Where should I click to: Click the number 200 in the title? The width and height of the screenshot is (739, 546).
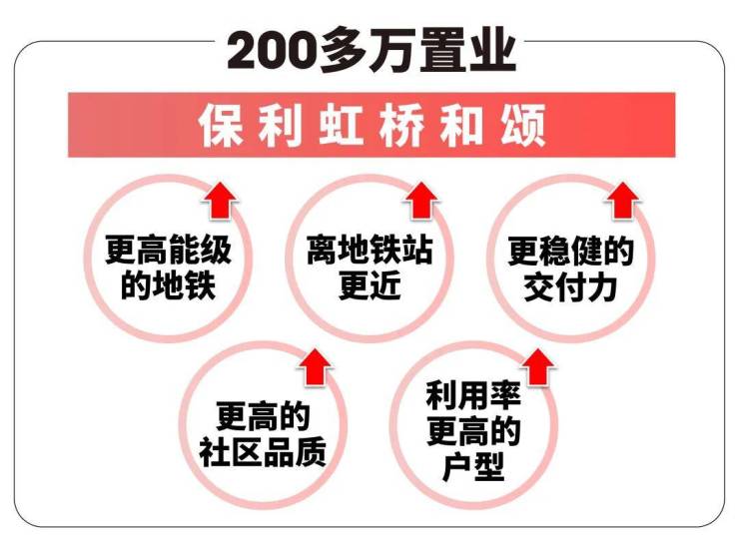[272, 50]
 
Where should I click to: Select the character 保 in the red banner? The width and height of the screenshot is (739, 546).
[220, 126]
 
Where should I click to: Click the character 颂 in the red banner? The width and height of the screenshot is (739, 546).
[522, 126]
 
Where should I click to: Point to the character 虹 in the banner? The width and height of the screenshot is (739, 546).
[342, 126]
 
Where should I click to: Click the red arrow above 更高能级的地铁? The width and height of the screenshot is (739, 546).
[221, 200]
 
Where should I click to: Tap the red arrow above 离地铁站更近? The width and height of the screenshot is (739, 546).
[421, 200]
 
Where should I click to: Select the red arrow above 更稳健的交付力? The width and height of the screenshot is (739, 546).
[622, 200]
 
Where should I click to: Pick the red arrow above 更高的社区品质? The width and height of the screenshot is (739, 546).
[315, 367]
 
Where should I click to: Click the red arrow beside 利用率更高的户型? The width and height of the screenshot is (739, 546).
[537, 367]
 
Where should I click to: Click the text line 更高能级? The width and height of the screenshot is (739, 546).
[168, 250]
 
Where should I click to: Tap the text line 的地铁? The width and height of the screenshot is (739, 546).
[168, 285]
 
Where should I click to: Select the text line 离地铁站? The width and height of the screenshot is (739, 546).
[369, 250]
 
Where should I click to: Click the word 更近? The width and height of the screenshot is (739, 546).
[369, 285]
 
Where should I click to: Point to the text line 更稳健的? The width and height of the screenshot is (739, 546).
[571, 252]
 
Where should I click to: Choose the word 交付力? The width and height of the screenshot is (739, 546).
[570, 287]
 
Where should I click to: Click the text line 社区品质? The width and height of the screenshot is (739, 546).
[263, 452]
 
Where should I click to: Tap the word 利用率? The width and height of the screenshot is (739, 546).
[473, 395]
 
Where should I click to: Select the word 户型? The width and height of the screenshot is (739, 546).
[473, 466]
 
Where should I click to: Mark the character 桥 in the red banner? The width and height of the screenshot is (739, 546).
[401, 126]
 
